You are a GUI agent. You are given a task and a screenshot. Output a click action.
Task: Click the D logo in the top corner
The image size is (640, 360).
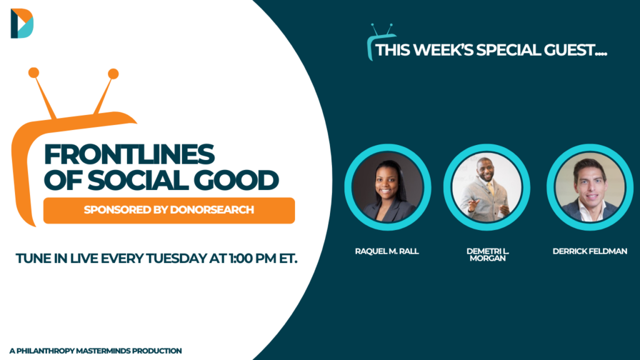click(22, 23)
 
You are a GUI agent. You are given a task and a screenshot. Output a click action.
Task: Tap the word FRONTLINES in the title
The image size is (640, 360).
click(129, 154)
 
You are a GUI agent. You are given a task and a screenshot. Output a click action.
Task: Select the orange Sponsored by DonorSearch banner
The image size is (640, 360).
click(169, 210)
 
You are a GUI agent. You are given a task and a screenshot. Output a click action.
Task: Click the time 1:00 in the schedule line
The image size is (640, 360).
click(241, 258)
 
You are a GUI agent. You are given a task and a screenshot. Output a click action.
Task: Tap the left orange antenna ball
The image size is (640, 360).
click(34, 73)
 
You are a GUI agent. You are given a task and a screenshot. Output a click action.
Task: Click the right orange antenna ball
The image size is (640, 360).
click(113, 74)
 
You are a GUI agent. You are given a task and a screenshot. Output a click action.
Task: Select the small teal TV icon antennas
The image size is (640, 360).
click(382, 29)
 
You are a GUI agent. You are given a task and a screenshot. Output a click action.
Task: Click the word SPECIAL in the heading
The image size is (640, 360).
click(509, 50)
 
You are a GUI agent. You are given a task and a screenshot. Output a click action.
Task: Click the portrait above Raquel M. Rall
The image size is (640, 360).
click(387, 187)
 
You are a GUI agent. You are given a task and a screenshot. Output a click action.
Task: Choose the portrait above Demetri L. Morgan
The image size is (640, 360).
click(487, 187)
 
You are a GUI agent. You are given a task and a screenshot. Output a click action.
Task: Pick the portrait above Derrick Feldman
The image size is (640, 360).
click(590, 187)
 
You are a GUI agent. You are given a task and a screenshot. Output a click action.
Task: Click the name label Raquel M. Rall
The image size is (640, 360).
click(387, 251)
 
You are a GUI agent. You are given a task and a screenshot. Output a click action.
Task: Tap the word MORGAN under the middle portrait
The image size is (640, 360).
click(487, 258)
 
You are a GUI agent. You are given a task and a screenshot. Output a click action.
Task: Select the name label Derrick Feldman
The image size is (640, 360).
click(590, 251)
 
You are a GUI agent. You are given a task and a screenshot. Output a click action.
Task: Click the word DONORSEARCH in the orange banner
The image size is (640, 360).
click(212, 210)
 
